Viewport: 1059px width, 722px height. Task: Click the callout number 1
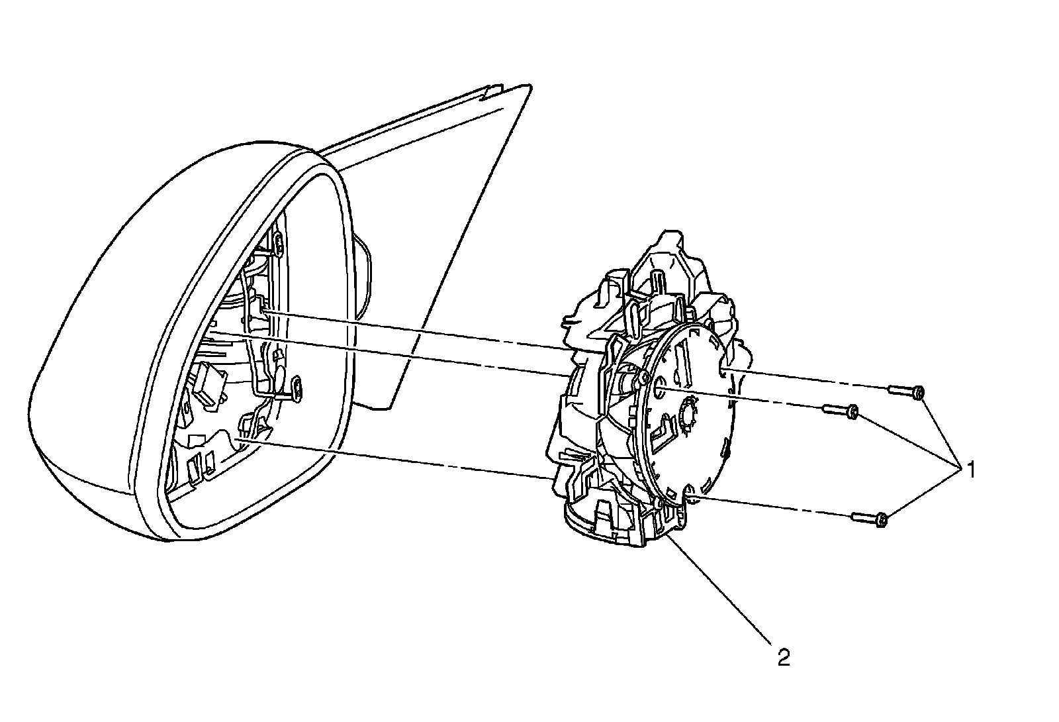(970, 471)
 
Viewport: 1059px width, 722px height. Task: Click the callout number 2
(784, 658)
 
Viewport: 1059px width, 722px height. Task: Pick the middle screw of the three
(841, 411)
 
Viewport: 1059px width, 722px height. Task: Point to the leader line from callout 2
(721, 590)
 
